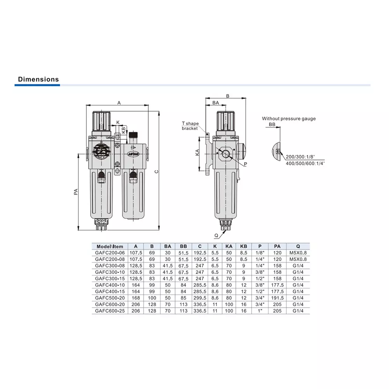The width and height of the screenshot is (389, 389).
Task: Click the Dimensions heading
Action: (x=39, y=79)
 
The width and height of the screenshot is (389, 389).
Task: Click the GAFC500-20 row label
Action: (x=110, y=298)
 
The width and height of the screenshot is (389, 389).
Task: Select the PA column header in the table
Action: (x=277, y=246)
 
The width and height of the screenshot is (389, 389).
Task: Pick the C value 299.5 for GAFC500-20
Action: (x=200, y=298)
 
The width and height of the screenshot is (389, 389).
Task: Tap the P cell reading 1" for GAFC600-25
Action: (x=260, y=311)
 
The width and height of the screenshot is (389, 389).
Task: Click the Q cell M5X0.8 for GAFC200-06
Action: (x=298, y=253)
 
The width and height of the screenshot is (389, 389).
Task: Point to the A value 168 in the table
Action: (x=136, y=298)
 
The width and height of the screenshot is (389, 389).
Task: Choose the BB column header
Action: (x=183, y=246)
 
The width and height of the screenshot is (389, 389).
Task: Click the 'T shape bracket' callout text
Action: (x=190, y=126)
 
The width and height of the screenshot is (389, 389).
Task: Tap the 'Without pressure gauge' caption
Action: (x=289, y=119)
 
